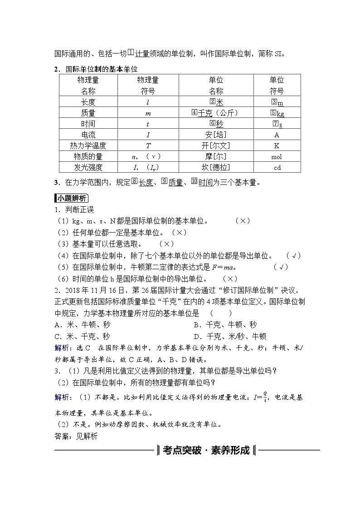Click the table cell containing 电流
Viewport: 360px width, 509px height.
point(88,135)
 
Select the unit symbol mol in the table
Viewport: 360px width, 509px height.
point(277,157)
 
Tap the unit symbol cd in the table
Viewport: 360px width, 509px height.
point(277,168)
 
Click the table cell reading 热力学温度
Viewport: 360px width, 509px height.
point(88,145)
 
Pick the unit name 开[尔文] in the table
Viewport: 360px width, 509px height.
point(216,145)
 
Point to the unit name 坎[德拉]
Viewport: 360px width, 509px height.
point(216,167)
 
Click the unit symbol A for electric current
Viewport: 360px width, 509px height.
point(277,135)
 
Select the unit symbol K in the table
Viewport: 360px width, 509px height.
point(277,145)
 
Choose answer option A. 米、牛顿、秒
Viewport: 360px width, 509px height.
point(82,325)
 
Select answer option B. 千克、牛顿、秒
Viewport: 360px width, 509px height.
point(225,325)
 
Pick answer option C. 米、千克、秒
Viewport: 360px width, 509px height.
point(82,336)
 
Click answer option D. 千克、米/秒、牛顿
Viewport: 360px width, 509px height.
point(230,336)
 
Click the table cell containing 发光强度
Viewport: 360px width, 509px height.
point(88,167)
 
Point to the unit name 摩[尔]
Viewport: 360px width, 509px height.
point(216,156)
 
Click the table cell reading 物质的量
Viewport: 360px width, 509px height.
point(88,156)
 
